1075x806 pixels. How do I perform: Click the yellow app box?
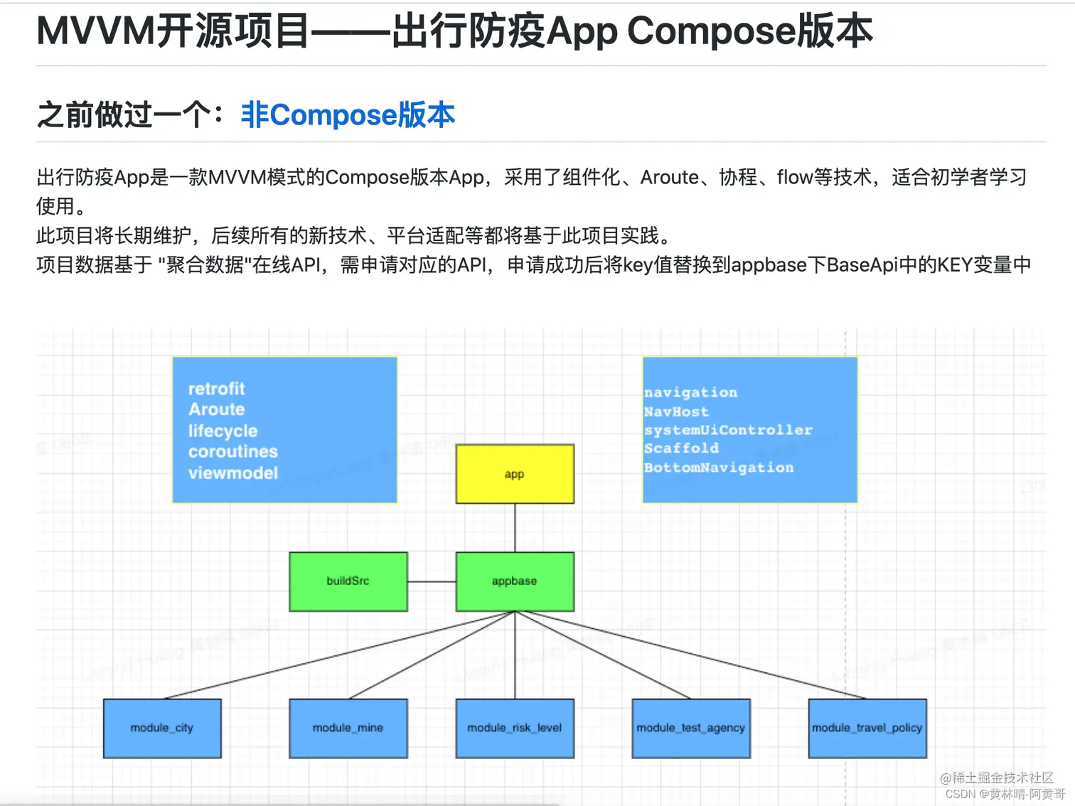point(515,474)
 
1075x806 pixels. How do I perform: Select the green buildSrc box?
point(348,581)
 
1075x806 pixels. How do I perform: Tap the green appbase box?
point(515,581)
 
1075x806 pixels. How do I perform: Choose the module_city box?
point(162,729)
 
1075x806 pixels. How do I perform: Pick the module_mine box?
point(348,729)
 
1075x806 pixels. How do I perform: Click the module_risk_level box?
point(515,729)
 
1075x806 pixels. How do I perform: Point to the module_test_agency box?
point(691,729)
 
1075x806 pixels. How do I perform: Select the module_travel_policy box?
point(867,729)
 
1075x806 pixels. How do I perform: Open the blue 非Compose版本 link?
point(348,115)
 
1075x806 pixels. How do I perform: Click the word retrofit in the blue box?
point(216,389)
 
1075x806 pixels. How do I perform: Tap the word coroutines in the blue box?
point(232,451)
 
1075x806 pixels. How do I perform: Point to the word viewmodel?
point(232,473)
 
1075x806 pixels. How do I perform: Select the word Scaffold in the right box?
point(681,448)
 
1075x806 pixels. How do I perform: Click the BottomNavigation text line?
point(718,468)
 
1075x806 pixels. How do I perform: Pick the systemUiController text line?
point(727,430)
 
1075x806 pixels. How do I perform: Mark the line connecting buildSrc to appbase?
point(432,581)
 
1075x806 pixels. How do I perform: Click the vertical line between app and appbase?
point(515,527)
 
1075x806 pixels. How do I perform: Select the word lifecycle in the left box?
point(223,431)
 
